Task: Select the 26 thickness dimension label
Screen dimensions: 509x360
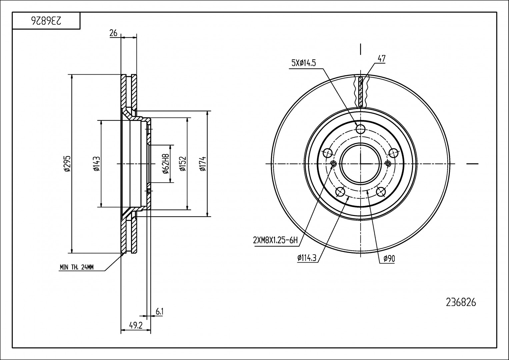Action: coord(113,33)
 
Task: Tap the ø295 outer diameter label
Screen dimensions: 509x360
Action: coord(67,164)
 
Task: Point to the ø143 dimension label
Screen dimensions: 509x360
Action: coord(97,164)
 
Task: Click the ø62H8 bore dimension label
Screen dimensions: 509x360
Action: coord(166,164)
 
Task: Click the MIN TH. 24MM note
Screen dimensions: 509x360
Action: coord(77,267)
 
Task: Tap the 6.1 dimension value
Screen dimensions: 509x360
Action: coord(160,312)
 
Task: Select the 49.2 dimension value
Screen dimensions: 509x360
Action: coord(136,326)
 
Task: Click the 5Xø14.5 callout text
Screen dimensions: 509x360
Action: coord(304,63)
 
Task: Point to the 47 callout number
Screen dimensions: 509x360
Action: coord(382,58)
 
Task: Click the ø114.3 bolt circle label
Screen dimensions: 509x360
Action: coord(307,258)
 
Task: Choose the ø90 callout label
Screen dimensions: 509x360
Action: coord(389,259)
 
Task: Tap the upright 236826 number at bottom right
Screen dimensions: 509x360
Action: coord(461,303)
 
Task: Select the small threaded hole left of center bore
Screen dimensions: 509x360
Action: coord(333,164)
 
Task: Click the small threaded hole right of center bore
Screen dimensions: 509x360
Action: coord(388,164)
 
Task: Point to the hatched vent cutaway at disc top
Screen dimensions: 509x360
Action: coord(361,91)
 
